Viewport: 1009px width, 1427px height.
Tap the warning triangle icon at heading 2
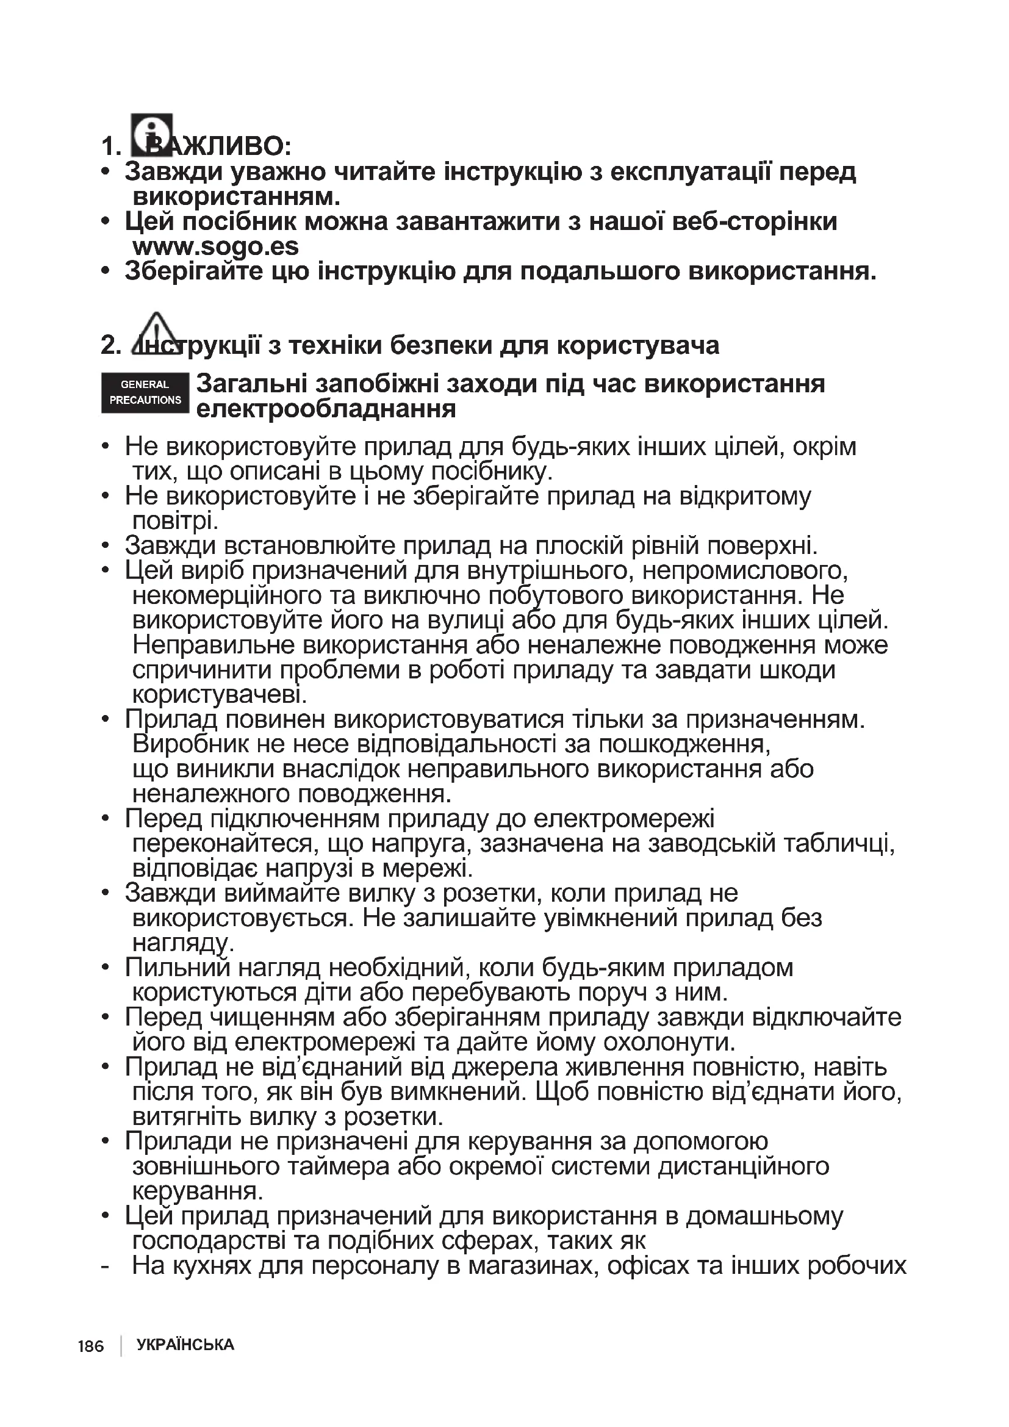156,334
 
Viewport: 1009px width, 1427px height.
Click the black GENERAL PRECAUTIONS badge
145,393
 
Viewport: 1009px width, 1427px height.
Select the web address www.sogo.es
215,246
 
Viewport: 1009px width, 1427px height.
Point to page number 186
91,1346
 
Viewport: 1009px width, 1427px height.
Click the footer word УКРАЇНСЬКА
185,1345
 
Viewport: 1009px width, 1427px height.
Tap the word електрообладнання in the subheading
326,409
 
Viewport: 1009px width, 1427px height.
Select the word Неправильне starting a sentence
213,645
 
